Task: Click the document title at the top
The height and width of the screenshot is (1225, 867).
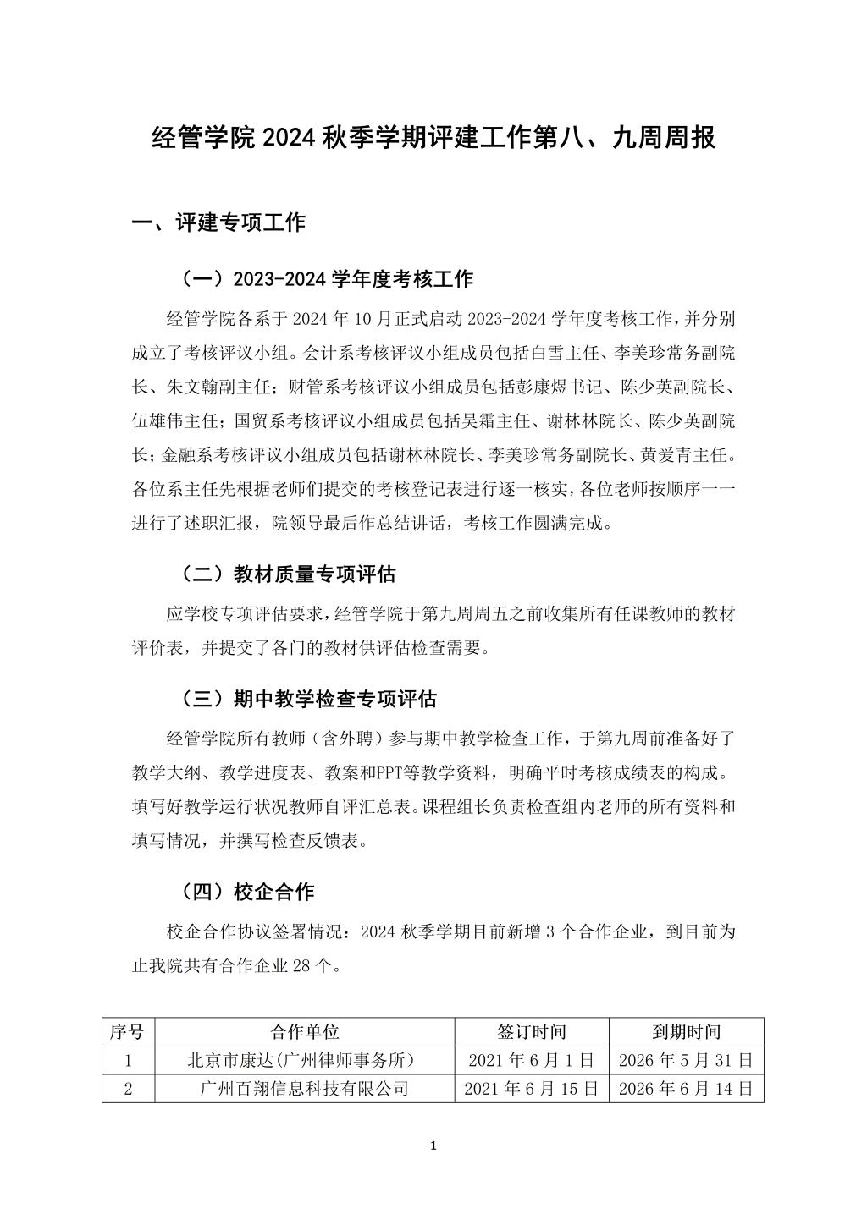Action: [x=433, y=137]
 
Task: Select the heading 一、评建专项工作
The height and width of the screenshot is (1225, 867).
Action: [x=218, y=222]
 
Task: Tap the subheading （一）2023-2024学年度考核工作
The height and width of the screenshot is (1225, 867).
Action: [x=327, y=278]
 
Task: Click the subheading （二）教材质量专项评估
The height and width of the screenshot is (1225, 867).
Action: [x=288, y=574]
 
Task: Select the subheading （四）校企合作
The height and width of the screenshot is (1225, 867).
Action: [x=247, y=892]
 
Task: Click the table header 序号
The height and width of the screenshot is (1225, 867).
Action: [x=128, y=1031]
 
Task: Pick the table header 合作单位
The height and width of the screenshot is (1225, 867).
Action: [x=305, y=1031]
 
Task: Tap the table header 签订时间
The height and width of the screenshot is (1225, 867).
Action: [x=532, y=1031]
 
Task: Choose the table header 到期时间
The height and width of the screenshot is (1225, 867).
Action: [x=686, y=1031]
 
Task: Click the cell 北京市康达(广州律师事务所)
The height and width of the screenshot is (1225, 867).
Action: [x=305, y=1060]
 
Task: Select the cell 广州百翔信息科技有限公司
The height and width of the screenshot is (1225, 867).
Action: [x=305, y=1088]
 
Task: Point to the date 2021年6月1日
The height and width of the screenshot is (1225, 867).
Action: [x=532, y=1060]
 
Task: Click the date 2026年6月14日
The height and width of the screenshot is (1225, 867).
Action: [x=686, y=1088]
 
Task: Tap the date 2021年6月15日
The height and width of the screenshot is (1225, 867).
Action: [x=532, y=1088]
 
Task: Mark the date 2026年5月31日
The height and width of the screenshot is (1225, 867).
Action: [x=686, y=1060]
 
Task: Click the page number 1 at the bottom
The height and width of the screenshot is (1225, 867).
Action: [x=433, y=1146]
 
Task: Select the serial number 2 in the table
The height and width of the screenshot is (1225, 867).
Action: [x=128, y=1088]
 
